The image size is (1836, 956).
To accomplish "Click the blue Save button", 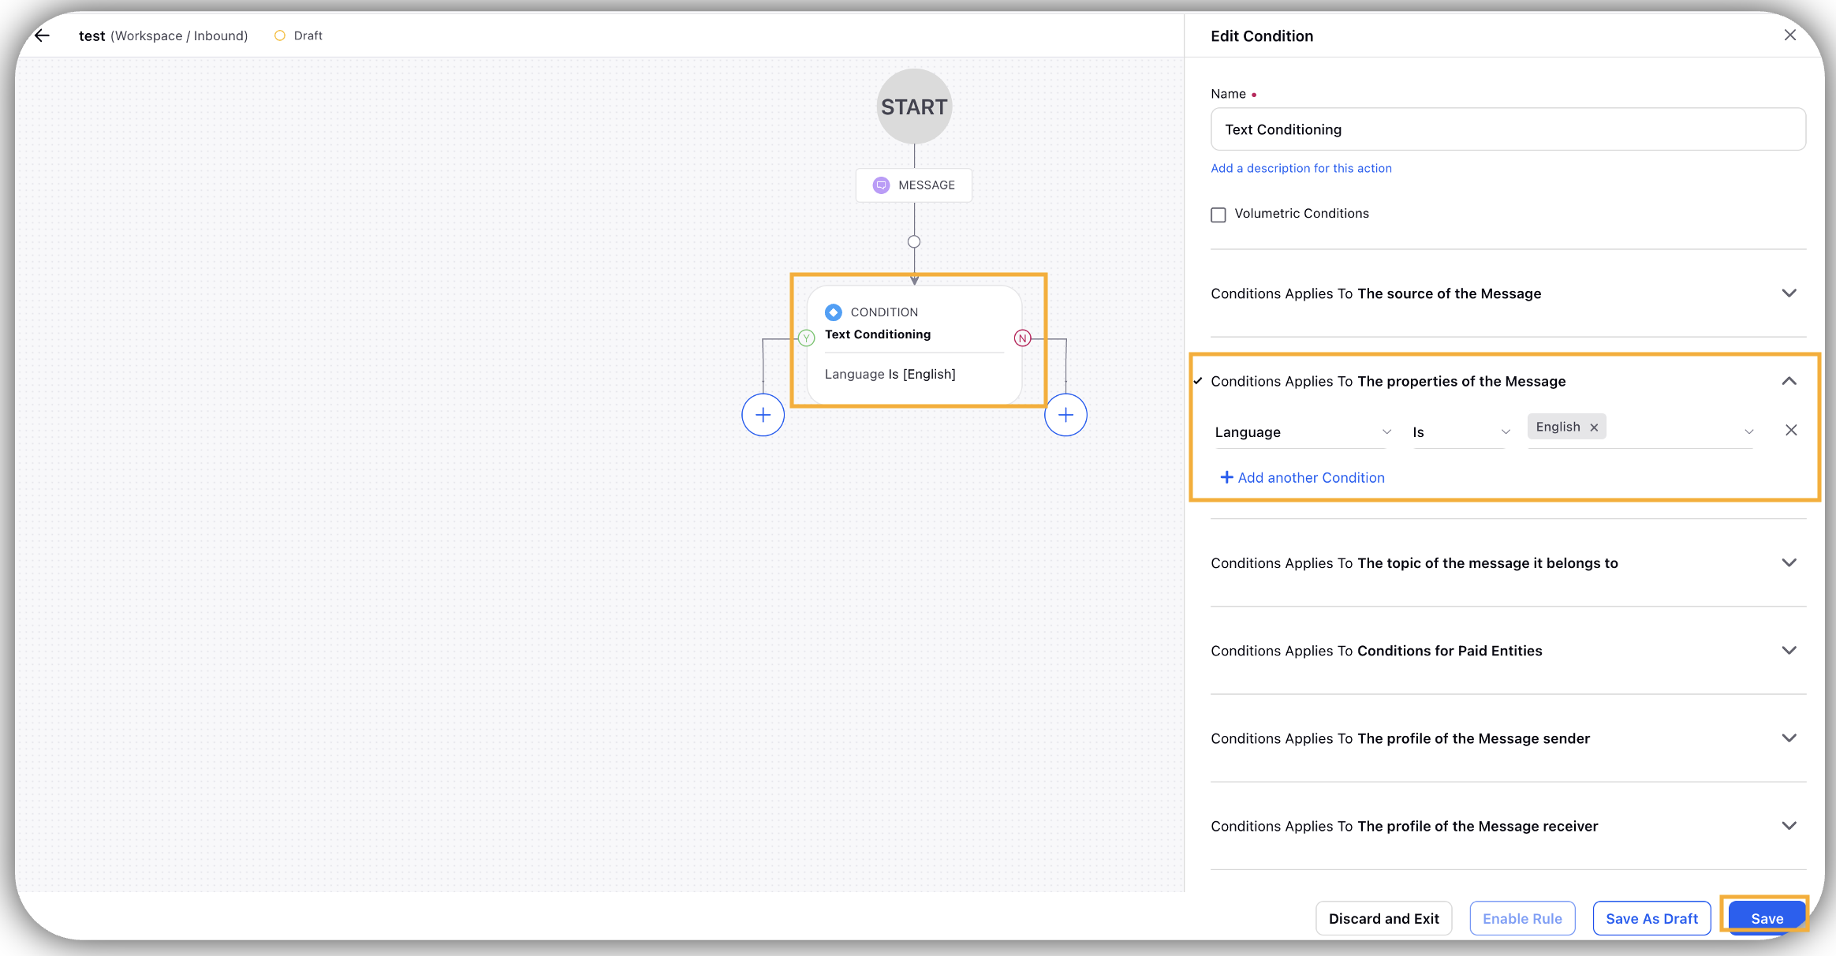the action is [1767, 918].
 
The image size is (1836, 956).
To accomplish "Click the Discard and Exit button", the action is [1384, 918].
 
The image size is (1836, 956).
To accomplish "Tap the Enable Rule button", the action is [1522, 918].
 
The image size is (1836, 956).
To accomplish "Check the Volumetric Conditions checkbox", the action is [1218, 215].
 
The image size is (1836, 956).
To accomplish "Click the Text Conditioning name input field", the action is [1508, 129].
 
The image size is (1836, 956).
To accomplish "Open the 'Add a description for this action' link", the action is [1301, 168].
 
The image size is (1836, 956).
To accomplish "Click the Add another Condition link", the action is [1303, 477].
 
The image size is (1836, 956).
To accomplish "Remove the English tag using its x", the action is [1594, 428].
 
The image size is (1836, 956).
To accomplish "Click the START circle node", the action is [914, 106].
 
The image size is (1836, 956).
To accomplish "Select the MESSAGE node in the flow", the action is [914, 185].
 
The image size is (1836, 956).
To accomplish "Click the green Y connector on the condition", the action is [806, 338].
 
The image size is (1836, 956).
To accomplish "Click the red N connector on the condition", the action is [1023, 338].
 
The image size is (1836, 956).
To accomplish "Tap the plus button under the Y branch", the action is [763, 415].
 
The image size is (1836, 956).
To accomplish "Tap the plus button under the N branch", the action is [1066, 415].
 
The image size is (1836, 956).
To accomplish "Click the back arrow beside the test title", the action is [43, 35].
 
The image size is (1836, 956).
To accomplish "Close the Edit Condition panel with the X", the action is [1790, 35].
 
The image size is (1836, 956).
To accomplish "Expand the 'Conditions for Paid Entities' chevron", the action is [1789, 651].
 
